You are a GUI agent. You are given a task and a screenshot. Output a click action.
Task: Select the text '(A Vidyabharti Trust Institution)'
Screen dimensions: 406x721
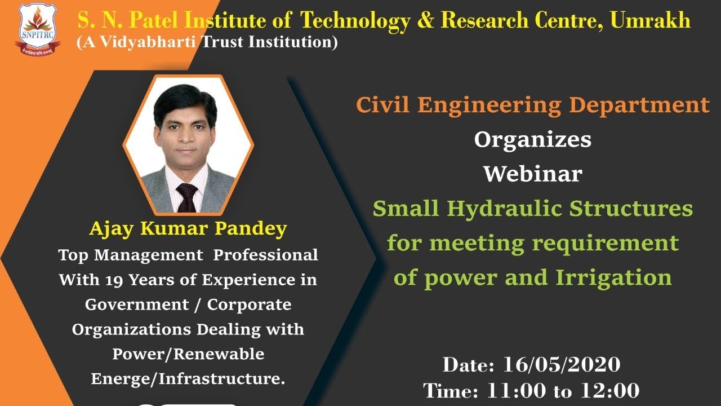pyautogui.click(x=207, y=42)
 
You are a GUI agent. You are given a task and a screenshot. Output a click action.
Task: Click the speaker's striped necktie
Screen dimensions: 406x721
pyautogui.click(x=186, y=197)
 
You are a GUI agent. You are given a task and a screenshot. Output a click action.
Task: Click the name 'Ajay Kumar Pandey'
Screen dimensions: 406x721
pyautogui.click(x=188, y=229)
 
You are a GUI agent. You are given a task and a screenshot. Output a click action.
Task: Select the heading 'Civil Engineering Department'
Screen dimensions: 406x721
pyautogui.click(x=532, y=105)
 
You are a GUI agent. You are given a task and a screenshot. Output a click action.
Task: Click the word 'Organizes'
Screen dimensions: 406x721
pyautogui.click(x=532, y=139)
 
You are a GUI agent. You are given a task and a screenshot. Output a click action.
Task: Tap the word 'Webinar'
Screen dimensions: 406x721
pyautogui.click(x=532, y=174)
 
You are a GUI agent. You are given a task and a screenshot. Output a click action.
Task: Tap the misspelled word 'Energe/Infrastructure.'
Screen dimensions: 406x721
pyautogui.click(x=188, y=379)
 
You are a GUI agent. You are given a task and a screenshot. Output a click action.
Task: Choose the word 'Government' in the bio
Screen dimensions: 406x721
pyautogui.click(x=136, y=304)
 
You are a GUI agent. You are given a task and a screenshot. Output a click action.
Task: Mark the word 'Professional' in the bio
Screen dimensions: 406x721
pyautogui.click(x=265, y=255)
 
